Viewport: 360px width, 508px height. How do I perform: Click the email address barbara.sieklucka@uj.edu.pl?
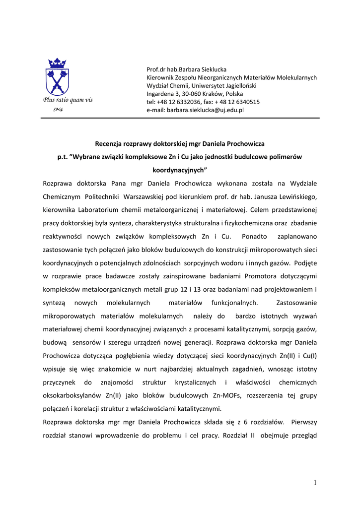click(205, 110)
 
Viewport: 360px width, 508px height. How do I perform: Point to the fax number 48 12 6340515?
click(240, 102)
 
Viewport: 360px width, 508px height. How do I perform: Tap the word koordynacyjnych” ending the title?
click(179, 170)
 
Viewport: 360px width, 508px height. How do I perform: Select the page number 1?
click(315, 483)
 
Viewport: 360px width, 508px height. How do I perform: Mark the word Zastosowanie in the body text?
click(296, 302)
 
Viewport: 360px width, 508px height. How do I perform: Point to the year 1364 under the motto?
click(58, 109)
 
